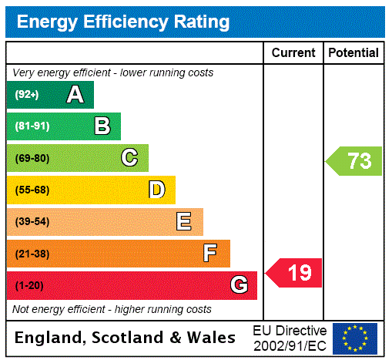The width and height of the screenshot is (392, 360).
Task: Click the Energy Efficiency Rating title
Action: click(123, 22)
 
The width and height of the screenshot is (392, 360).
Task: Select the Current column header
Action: click(293, 53)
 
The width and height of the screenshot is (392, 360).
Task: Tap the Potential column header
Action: click(353, 53)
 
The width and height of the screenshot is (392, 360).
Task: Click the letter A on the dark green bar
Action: click(75, 95)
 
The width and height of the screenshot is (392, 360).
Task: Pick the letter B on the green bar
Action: click(102, 126)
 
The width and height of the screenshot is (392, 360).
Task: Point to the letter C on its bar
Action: click(129, 158)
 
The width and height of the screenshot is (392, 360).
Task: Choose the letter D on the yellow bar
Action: click(156, 190)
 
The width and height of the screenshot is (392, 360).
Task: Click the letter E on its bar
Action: click(184, 222)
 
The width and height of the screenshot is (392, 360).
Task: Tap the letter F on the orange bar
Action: click(210, 254)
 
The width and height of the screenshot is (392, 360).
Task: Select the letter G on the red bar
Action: click(239, 285)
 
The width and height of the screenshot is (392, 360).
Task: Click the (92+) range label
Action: click(27, 95)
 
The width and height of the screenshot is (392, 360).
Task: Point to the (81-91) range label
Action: click(32, 126)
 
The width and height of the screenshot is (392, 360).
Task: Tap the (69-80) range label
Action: click(32, 158)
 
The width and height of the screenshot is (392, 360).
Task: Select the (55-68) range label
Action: click(32, 190)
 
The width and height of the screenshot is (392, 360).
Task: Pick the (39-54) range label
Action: click(32, 222)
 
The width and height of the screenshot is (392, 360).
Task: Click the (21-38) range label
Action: click(32, 254)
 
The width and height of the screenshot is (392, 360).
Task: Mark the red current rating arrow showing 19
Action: click(294, 272)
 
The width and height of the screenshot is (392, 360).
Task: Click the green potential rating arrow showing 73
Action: click(354, 161)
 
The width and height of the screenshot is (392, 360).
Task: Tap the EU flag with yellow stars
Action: click(355, 338)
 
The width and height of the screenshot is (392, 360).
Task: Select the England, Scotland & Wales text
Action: click(126, 338)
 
